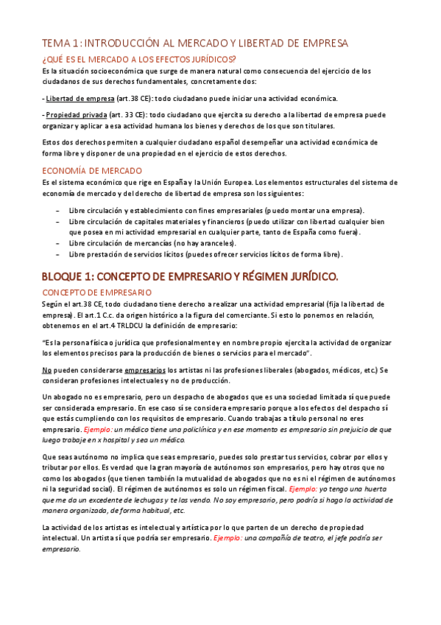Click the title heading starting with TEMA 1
(194, 43)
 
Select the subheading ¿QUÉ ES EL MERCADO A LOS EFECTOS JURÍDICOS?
(139, 59)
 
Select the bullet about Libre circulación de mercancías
(152, 242)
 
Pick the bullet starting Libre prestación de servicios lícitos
(205, 254)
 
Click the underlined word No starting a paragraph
(47, 369)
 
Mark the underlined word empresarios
(145, 369)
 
